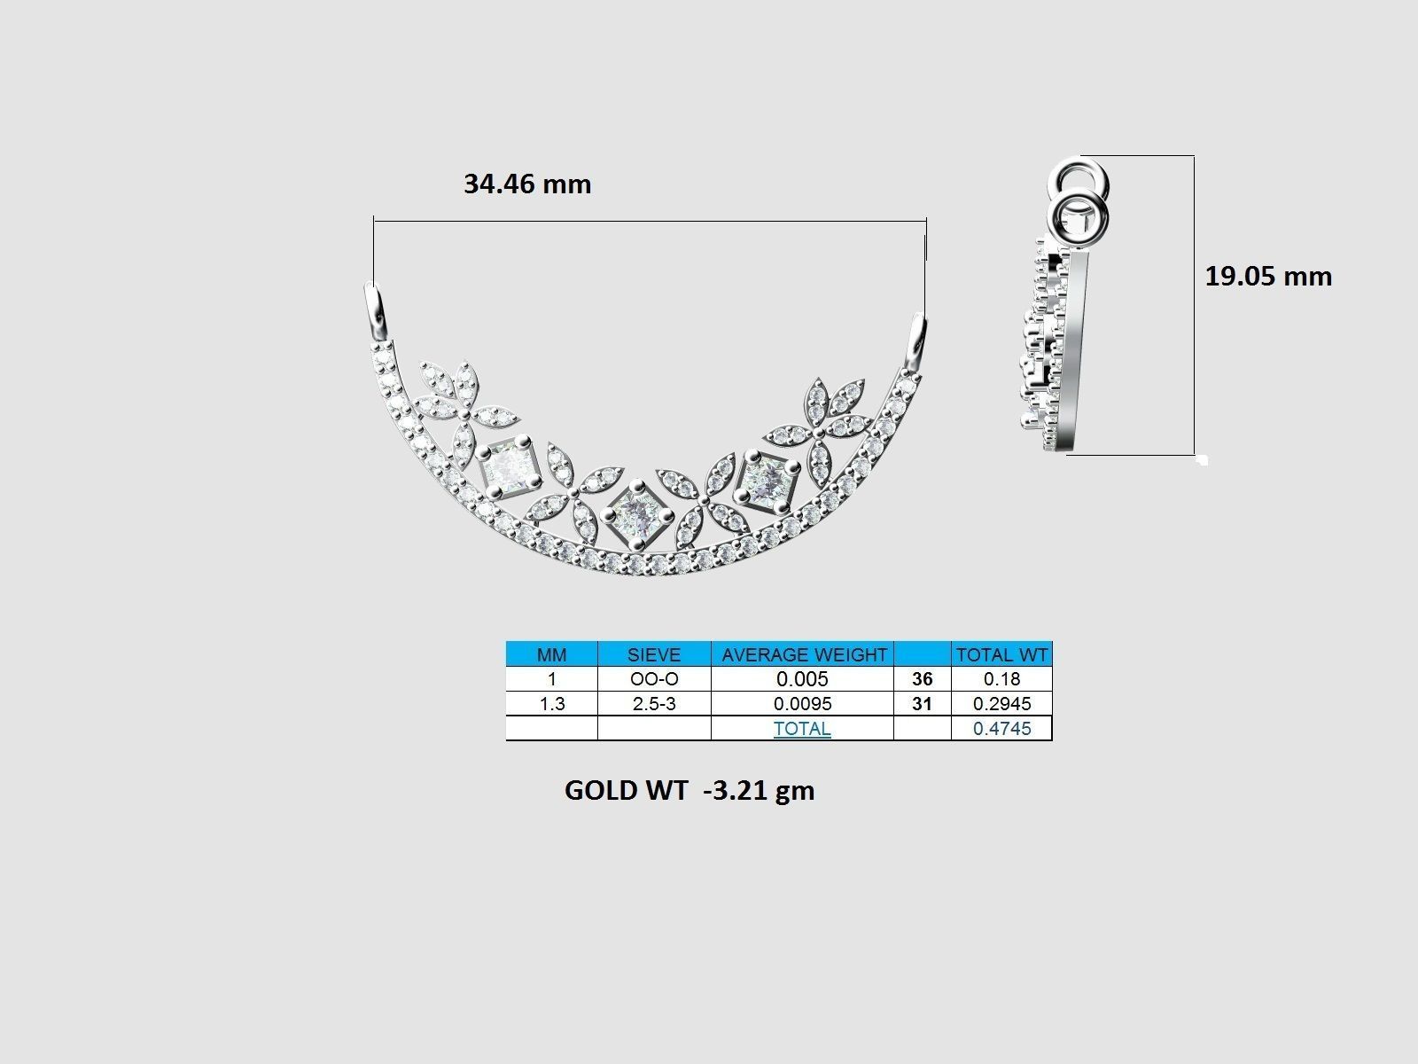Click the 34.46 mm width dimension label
(x=527, y=184)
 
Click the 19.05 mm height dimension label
(x=1267, y=276)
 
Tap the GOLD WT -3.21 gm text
(x=689, y=790)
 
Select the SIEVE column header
(x=654, y=655)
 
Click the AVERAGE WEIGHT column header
(x=803, y=655)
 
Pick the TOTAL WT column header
(x=1001, y=655)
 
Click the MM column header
(x=551, y=655)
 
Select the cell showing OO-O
(x=654, y=679)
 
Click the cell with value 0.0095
(x=803, y=704)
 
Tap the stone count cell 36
(x=922, y=679)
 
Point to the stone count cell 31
(x=922, y=704)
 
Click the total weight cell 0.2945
(x=1001, y=704)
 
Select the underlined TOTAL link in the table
(x=802, y=729)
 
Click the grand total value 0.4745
(x=1001, y=729)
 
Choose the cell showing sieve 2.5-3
(x=654, y=704)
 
